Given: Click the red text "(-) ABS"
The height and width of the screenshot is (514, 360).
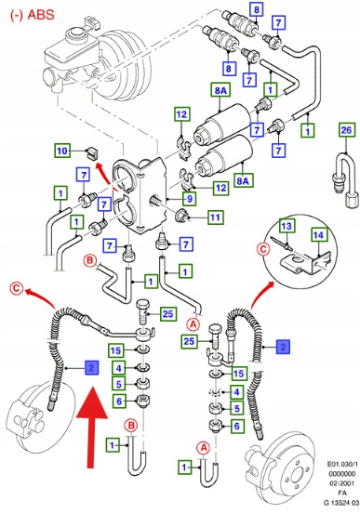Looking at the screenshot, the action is point(33,15).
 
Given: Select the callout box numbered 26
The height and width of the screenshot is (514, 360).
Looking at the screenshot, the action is point(346,130).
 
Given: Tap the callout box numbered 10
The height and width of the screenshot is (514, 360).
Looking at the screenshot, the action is point(62,151).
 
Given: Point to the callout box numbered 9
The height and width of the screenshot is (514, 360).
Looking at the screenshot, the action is point(190,198).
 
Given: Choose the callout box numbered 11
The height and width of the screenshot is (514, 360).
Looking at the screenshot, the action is point(215,217).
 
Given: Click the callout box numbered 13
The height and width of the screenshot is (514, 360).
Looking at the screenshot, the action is point(287,226).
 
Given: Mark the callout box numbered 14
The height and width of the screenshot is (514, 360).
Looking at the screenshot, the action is point(318,235).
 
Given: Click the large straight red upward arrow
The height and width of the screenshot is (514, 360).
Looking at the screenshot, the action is point(91,427).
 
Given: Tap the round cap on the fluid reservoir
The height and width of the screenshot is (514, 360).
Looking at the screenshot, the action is point(76,34).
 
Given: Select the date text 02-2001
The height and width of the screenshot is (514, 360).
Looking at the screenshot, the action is point(341,482).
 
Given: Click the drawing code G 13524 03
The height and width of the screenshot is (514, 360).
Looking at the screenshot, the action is point(341,503).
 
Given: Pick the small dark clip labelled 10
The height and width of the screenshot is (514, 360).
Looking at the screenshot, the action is point(92,152).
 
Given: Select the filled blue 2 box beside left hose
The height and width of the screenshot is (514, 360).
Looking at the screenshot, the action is point(91,367).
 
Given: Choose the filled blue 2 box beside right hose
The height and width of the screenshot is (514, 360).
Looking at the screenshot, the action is point(283,347).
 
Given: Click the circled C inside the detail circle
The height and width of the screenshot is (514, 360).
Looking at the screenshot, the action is point(263,250).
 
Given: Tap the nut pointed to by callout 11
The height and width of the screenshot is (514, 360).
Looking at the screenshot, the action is point(181,215).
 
